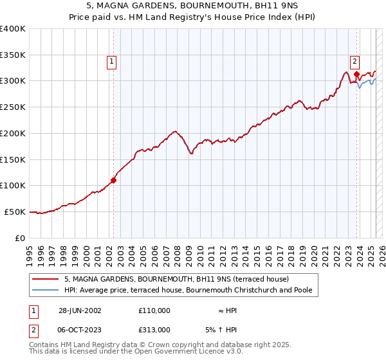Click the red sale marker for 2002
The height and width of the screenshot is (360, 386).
click(x=114, y=180)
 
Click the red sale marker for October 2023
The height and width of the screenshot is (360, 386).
click(x=356, y=75)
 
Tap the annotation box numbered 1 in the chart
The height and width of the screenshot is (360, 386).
click(x=111, y=62)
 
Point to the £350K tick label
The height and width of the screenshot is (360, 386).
click(x=13, y=55)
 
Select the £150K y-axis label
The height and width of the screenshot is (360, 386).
click(x=13, y=159)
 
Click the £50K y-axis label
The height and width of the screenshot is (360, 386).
click(x=15, y=212)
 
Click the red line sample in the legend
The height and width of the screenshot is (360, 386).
click(x=46, y=279)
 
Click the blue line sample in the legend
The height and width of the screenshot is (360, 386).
click(x=46, y=290)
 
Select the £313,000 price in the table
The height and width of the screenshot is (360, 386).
click(x=154, y=330)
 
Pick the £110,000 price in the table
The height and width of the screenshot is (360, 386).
click(x=154, y=310)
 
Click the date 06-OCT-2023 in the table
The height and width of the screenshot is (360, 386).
click(x=80, y=330)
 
